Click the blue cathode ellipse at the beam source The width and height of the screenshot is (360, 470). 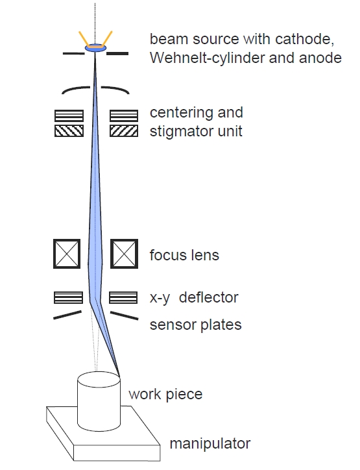coord(95,47)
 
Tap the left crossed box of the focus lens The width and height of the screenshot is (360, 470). coord(67,254)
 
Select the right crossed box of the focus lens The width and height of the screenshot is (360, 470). coord(125,254)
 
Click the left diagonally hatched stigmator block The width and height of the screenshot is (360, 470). coord(69,131)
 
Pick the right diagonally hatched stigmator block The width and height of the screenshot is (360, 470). coord(124,131)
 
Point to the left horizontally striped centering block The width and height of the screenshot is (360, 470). coord(69,116)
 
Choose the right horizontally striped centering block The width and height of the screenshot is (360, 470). coord(124,116)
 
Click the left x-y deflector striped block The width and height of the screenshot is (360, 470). coord(68,298)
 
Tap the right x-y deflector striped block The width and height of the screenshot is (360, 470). coord(123,298)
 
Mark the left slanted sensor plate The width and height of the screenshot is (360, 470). coord(67,315)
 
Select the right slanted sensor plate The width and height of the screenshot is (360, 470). coord(125,315)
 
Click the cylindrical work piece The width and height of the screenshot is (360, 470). coord(99,402)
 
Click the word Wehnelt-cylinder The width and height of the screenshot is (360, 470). coord(208,58)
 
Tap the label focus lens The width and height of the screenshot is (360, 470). coord(184,255)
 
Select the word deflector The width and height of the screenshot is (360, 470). coord(208,298)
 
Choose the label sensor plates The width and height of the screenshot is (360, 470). coord(196,325)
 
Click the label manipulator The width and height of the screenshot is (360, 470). coord(210,443)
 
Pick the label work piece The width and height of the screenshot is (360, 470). coord(165,395)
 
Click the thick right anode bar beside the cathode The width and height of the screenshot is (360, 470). coord(117,54)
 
